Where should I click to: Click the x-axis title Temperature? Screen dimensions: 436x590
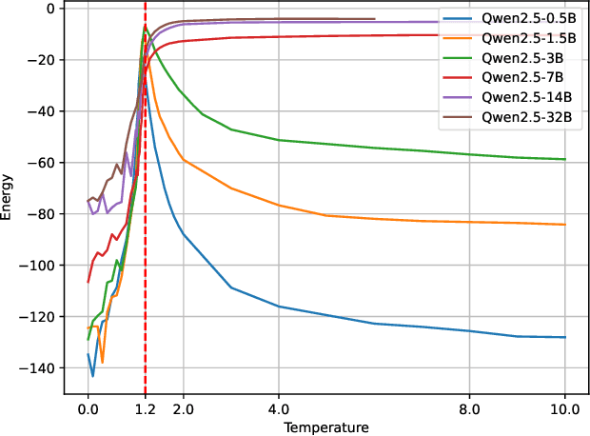[325, 427]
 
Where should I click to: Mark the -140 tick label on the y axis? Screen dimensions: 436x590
[38, 367]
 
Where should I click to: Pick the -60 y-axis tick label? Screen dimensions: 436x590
[42, 163]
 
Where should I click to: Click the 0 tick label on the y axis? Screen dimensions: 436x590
[52, 9]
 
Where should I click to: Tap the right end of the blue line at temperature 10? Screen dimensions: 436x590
[565, 337]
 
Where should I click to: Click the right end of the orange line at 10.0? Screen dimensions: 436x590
[565, 225]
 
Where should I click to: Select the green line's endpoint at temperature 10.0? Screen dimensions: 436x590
[565, 159]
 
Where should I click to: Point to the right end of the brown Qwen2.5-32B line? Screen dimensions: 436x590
[374, 19]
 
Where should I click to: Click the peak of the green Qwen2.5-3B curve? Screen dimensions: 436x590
[145, 26]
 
